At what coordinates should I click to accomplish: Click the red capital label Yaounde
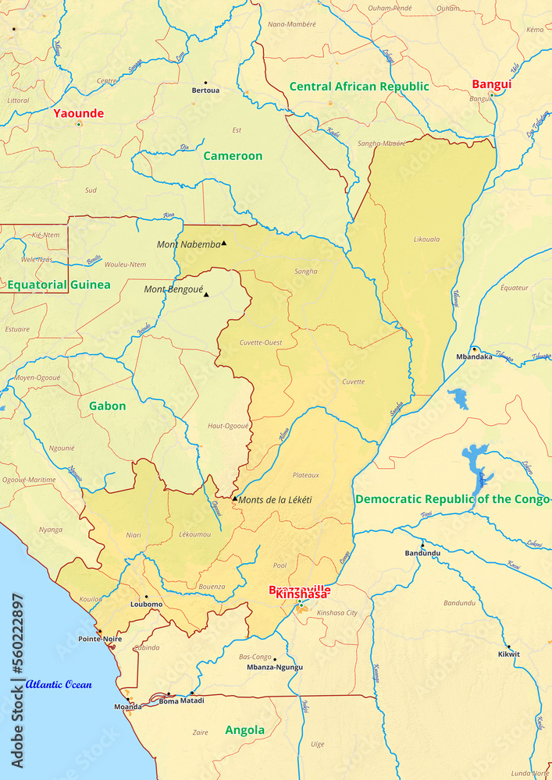[78, 113]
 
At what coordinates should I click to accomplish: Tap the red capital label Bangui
[492, 84]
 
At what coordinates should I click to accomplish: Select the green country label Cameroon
[233, 156]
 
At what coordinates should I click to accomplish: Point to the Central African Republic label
[359, 87]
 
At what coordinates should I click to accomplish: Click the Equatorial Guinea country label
[59, 285]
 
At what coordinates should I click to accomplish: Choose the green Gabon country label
[107, 406]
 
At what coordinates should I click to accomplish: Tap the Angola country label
[244, 730]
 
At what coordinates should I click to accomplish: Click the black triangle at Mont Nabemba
[223, 243]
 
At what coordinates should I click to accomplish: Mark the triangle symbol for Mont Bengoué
[206, 294]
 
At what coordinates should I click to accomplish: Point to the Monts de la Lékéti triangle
[234, 498]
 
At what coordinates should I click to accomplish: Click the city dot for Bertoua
[206, 82]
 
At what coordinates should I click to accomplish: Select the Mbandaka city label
[474, 357]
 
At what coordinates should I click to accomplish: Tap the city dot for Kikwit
[509, 646]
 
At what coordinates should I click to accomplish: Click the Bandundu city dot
[422, 544]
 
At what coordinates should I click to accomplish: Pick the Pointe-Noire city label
[100, 639]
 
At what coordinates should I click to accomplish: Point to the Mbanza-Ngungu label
[274, 668]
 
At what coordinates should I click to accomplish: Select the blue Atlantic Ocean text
[59, 685]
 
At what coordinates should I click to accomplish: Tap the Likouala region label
[426, 239]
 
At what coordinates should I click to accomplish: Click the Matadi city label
[192, 700]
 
